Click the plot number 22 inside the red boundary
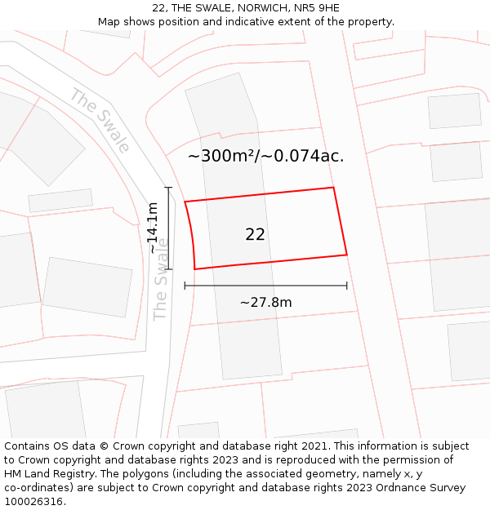255,235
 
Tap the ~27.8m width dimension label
265,303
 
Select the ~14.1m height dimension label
153,228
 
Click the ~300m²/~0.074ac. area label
265,157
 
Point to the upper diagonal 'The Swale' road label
100,121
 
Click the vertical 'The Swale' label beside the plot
161,279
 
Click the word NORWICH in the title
248,8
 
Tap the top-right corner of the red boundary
333,188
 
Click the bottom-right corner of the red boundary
347,255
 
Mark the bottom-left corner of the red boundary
194,269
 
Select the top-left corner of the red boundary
185,202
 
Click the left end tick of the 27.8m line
185,286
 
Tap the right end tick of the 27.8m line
347,286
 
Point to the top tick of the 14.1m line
169,188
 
